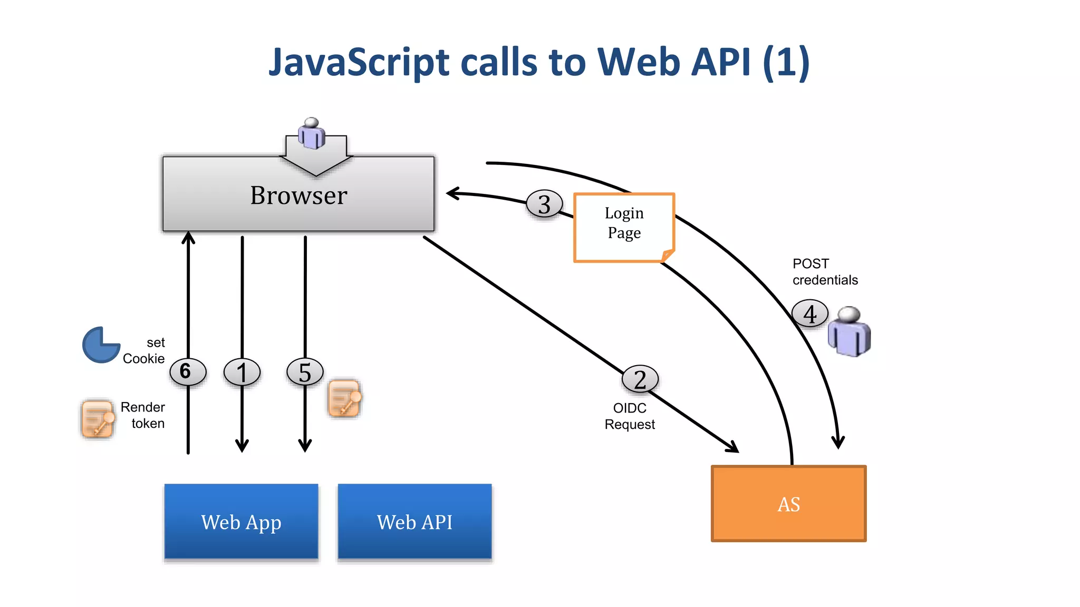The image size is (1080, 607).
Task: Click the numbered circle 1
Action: pos(242,372)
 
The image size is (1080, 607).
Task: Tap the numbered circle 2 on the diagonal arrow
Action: pos(640,379)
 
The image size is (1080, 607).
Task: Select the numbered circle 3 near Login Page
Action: pos(544,204)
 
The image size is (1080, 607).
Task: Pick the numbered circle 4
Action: pos(809,314)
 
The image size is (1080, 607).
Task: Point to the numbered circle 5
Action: pos(305,372)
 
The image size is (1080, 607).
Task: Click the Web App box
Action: pos(242,522)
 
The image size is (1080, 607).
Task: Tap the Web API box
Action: pos(414,522)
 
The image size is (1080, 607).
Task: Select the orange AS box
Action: pos(788,504)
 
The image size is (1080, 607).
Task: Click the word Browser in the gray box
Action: pos(298,195)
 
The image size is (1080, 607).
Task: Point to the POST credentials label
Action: pos(825,272)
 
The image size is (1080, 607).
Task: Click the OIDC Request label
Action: pos(630,416)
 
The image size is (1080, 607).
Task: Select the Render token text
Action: pos(143,415)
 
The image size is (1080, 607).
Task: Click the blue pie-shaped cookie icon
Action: pos(100,345)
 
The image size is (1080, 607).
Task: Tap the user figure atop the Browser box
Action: pos(312,133)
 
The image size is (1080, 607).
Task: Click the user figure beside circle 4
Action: pos(849,332)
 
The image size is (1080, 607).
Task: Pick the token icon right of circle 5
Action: pos(345,399)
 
